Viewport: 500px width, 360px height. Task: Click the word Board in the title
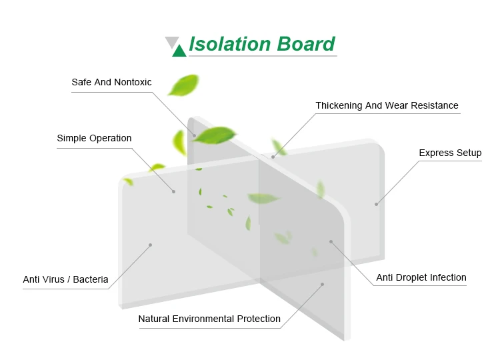[x=305, y=44]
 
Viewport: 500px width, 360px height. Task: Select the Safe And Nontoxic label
[x=111, y=83]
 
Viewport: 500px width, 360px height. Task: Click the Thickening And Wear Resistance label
[x=387, y=105]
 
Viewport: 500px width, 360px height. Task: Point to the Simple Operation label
[x=94, y=139]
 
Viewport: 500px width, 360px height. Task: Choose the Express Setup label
[x=450, y=153]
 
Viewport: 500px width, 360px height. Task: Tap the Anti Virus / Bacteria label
[x=65, y=280]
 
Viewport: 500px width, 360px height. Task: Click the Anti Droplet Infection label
[x=421, y=278]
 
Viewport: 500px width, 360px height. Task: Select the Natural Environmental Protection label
[x=209, y=319]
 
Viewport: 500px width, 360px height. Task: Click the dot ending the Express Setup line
[x=376, y=204]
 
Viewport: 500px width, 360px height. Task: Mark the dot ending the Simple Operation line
[x=174, y=192]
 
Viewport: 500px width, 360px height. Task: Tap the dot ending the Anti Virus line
[x=150, y=245]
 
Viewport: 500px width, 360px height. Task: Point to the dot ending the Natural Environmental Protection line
[x=322, y=285]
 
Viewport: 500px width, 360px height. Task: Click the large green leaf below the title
[x=183, y=85]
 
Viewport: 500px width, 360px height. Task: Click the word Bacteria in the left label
[x=91, y=280]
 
